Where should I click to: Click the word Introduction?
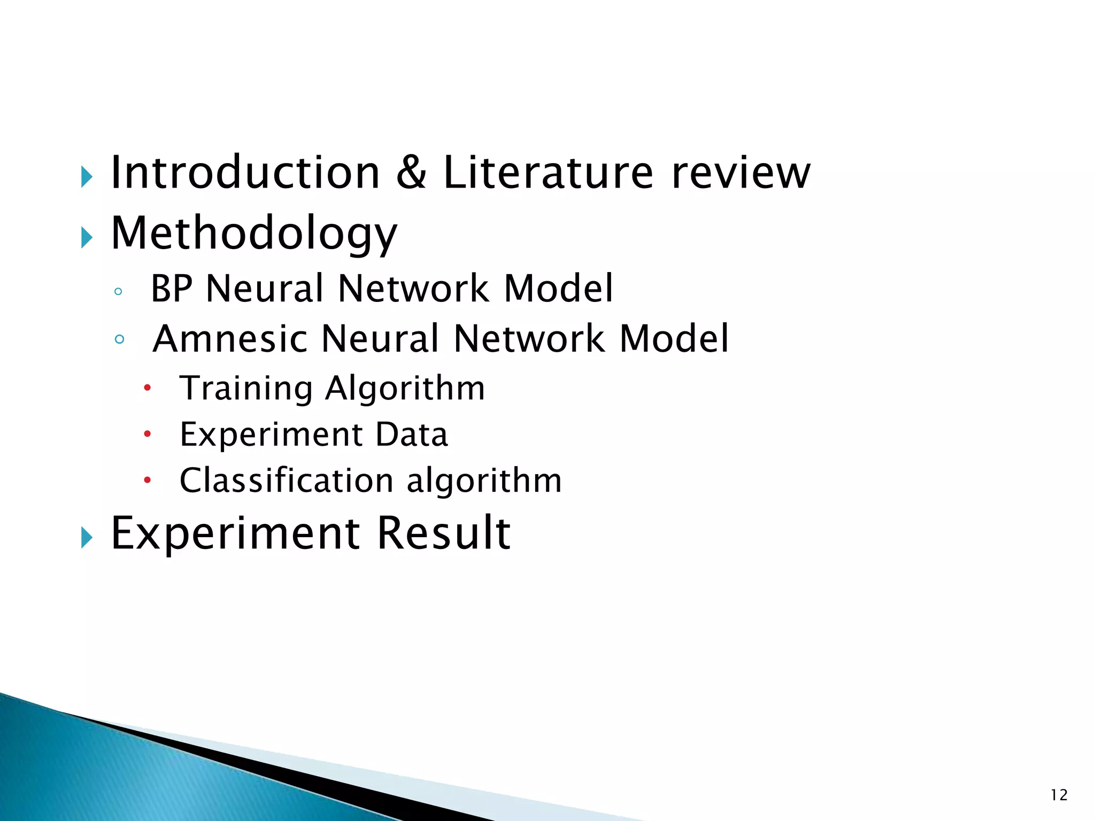click(245, 173)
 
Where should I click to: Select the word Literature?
click(548, 173)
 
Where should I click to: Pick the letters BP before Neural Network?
click(171, 289)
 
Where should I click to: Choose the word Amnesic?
click(230, 339)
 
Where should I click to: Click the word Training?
click(245, 389)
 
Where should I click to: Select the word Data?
click(411, 434)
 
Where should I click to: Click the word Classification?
click(287, 480)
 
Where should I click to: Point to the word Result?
click(444, 533)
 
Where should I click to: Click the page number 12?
click(1059, 795)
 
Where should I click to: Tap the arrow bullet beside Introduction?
click(87, 176)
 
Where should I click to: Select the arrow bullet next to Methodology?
click(87, 237)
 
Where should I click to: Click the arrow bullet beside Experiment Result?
click(87, 537)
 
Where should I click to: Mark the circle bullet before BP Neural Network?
click(119, 291)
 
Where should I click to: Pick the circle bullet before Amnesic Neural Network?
click(119, 339)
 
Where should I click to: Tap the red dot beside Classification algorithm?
click(147, 480)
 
